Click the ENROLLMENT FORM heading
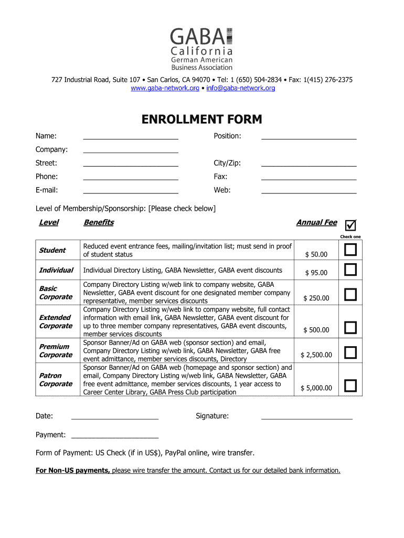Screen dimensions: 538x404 [x=201, y=120]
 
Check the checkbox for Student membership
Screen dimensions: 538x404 [x=350, y=250]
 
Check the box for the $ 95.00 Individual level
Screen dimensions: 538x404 [x=350, y=270]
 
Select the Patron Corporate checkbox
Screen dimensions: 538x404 [x=350, y=386]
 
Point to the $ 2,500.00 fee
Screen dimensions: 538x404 [x=316, y=355]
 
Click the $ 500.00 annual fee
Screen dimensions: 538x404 [x=316, y=330]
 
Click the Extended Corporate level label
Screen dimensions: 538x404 [x=55, y=322]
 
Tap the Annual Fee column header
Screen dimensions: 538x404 [x=316, y=222]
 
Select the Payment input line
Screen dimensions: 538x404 [x=114, y=436]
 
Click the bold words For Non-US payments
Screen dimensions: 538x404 [x=72, y=470]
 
